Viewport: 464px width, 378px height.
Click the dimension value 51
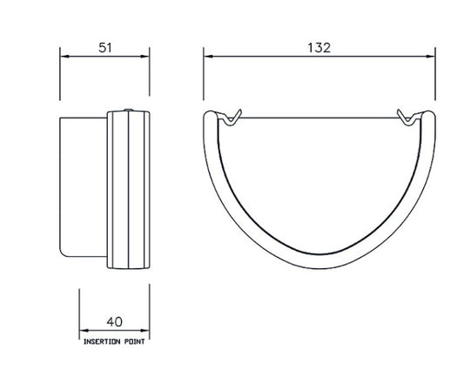(104, 49)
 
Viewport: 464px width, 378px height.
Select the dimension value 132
(319, 49)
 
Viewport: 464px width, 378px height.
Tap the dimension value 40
(115, 320)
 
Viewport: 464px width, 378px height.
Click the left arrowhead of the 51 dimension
(62, 56)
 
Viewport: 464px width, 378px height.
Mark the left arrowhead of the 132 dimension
(207, 56)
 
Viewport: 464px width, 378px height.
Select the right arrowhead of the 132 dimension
(433, 56)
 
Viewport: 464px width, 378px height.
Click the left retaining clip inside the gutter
(232, 116)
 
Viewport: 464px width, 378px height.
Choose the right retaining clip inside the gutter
(407, 116)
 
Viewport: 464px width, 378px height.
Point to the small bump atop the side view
(128, 111)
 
